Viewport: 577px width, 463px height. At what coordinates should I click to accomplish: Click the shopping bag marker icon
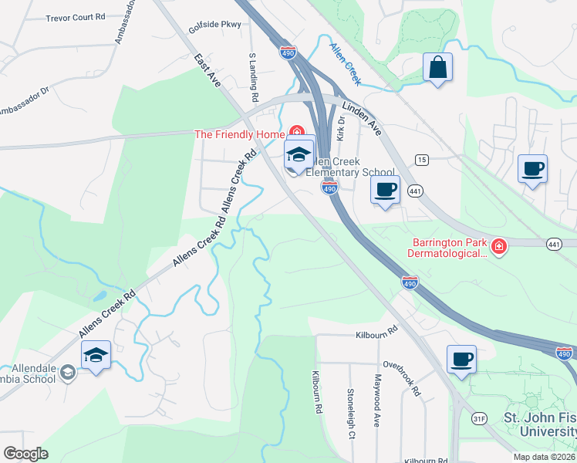pyautogui.click(x=437, y=67)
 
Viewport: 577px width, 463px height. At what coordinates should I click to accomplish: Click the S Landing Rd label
pyautogui.click(x=251, y=78)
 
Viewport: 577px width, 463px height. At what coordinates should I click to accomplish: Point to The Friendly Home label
pyautogui.click(x=239, y=134)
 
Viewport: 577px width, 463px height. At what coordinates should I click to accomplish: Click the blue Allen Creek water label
pyautogui.click(x=346, y=58)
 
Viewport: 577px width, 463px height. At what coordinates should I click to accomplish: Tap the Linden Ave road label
pyautogui.click(x=363, y=118)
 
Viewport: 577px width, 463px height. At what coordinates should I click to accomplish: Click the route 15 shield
pyautogui.click(x=421, y=160)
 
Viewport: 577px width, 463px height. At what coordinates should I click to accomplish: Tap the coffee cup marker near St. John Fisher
pyautogui.click(x=461, y=359)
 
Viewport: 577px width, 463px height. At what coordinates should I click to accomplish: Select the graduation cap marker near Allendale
pyautogui.click(x=96, y=355)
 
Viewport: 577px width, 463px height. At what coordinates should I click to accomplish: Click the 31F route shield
pyautogui.click(x=480, y=419)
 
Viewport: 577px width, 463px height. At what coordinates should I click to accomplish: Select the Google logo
pyautogui.click(x=25, y=454)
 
